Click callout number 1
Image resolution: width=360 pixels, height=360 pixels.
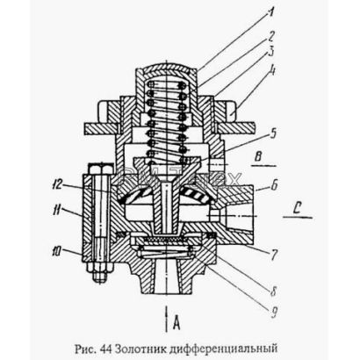[x=271, y=13]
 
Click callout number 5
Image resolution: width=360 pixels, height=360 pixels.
[x=272, y=133]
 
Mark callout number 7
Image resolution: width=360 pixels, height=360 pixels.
[x=273, y=255]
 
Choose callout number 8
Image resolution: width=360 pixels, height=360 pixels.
[x=273, y=291]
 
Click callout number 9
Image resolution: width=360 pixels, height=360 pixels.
[x=273, y=313]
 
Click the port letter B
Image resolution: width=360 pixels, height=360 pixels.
[x=258, y=157]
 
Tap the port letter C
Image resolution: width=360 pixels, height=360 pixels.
[x=297, y=208]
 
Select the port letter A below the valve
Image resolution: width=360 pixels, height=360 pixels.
[x=176, y=323]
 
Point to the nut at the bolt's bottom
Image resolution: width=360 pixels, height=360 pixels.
[x=101, y=272]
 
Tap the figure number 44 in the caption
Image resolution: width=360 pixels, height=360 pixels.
[x=106, y=349]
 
